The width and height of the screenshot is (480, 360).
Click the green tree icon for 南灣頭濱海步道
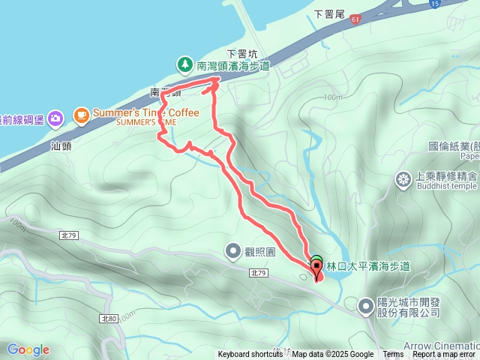185,64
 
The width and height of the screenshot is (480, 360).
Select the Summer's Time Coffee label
146,113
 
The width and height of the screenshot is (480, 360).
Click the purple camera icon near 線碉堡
55,118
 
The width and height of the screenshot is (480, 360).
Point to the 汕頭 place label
61,146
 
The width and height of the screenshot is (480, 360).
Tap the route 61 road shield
353,20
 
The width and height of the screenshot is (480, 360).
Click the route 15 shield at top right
434,4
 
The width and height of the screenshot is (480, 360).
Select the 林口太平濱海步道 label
368,266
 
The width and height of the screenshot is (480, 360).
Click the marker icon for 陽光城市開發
365,305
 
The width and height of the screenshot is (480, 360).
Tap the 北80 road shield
107,319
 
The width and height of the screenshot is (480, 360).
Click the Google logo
28,349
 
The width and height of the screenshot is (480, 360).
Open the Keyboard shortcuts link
250,355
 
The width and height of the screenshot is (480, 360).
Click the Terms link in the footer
393,355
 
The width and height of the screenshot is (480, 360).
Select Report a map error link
444,355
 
